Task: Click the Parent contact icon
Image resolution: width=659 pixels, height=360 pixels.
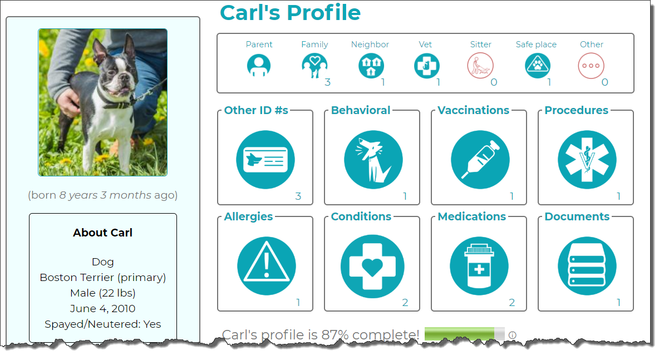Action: click(258, 66)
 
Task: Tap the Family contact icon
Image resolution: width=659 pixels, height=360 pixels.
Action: click(314, 66)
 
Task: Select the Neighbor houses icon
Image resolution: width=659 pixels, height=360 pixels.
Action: click(371, 66)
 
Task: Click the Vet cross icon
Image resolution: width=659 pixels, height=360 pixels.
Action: click(426, 66)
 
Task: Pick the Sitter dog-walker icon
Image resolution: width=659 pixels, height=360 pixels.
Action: click(480, 66)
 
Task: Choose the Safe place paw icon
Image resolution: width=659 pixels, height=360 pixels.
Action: click(538, 66)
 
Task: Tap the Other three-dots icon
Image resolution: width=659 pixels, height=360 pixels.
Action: click(591, 66)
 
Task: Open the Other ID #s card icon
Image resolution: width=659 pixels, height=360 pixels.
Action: click(265, 160)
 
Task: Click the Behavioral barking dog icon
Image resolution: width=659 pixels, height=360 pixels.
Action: click(373, 160)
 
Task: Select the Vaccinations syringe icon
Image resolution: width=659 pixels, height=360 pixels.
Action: click(480, 160)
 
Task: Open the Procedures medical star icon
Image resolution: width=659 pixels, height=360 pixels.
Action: click(587, 160)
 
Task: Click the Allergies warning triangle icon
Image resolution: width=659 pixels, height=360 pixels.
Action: click(267, 266)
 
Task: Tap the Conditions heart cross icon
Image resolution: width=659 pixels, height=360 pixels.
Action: click(372, 267)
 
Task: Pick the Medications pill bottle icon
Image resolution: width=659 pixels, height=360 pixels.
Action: click(479, 266)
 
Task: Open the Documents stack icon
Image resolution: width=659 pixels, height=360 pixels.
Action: click(587, 266)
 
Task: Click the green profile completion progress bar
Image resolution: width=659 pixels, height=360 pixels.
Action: click(464, 334)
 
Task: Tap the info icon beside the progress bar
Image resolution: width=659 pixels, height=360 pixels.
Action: click(512, 335)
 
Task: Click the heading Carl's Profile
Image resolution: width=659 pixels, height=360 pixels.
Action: click(291, 13)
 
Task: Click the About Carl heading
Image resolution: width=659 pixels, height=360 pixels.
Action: click(102, 233)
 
